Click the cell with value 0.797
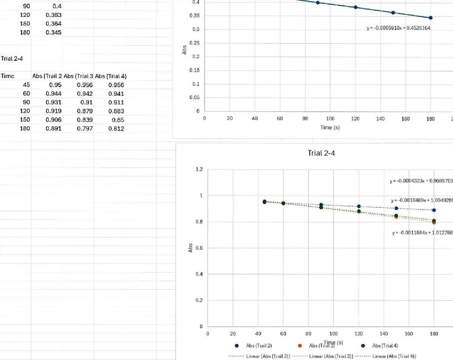85,129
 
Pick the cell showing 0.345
53,32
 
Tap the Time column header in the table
8,76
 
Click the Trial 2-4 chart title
321,153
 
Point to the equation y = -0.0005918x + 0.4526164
398,28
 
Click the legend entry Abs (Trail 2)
259,345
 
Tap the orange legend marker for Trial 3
300,345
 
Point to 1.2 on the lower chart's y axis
200,170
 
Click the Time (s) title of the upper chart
330,128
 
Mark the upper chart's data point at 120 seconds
355,7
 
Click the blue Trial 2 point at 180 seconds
434,210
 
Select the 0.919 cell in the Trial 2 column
53,111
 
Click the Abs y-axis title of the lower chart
190,248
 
